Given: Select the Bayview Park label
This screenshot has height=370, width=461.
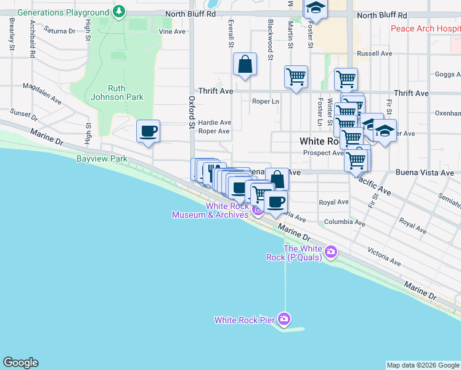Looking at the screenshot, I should (102, 158).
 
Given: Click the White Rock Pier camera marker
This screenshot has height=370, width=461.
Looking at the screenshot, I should (284, 319).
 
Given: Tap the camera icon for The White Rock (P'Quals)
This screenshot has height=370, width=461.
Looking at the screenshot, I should (332, 251).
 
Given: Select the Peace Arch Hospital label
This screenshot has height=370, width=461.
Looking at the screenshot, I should (425, 29).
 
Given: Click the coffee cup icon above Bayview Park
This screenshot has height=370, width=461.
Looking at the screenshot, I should (148, 131).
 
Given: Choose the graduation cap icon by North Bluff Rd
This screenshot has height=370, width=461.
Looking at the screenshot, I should (316, 8).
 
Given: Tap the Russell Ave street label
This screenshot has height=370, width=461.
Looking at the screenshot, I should (374, 54).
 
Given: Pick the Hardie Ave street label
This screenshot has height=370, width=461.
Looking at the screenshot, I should (214, 122).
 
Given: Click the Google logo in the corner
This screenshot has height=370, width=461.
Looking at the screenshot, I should (20, 363).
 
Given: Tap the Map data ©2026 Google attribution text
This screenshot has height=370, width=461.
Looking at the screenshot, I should (423, 365).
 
